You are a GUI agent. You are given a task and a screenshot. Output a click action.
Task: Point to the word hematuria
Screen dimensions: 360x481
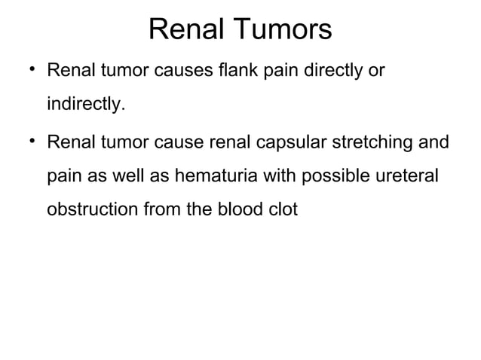[x=212, y=175]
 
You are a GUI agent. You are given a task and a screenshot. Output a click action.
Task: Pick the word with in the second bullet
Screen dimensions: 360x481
[x=276, y=175]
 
